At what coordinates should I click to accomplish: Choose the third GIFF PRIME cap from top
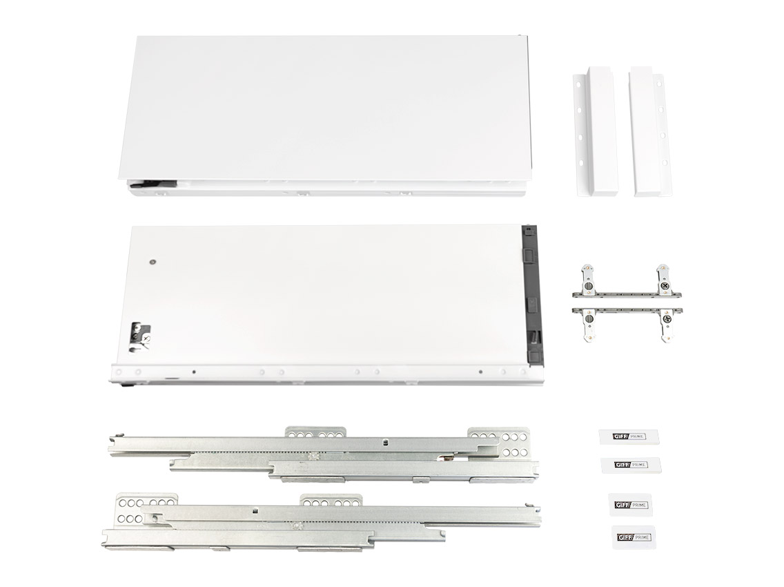pos(631,503)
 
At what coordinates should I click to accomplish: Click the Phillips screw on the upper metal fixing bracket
pos(664,285)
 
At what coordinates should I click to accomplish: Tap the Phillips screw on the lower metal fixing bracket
pos(667,319)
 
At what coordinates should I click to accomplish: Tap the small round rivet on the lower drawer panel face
pos(151,262)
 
